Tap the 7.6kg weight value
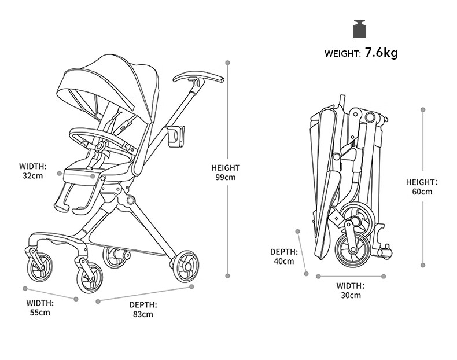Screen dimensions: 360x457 [x=381, y=53]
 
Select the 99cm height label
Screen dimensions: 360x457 [x=226, y=177]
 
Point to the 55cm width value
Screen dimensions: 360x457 [x=40, y=313]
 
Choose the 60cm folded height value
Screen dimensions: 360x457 [x=422, y=192]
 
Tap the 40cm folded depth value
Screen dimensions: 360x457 [x=284, y=261]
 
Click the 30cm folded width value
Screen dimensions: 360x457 [x=351, y=295]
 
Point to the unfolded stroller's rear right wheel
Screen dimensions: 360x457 [x=185, y=266]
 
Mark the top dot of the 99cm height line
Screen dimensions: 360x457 [x=228, y=62]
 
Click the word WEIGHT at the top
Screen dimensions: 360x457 [x=342, y=54]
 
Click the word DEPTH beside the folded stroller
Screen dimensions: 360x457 [x=284, y=252]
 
